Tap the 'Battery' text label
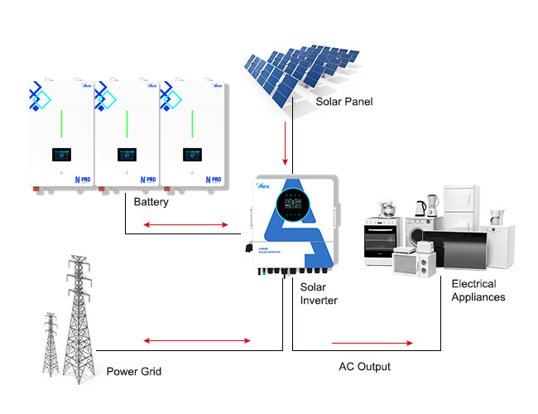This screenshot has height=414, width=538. point(151,200)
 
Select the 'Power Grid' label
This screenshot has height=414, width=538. point(133,371)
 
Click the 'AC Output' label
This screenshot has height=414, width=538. point(364,366)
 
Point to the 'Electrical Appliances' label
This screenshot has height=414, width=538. point(478,290)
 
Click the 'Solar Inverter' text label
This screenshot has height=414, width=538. point(319,293)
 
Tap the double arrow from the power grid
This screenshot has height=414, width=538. point(197,340)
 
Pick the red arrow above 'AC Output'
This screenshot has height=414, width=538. point(372,342)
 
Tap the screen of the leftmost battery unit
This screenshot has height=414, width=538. point(60,155)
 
